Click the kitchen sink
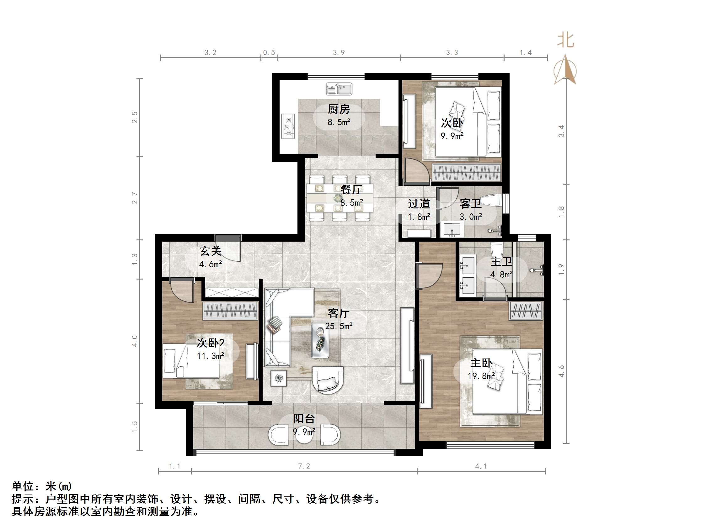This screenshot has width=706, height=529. point(339,89)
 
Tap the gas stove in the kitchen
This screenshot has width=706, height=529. point(289,127)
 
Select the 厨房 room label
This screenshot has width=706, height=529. point(339,109)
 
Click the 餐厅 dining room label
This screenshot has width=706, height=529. point(351,190)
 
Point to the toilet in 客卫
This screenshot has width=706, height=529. point(490,200)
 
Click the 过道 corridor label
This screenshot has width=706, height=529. point(419,204)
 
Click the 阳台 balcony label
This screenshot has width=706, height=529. point(304,419)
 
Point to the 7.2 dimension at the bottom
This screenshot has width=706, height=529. point(304,466)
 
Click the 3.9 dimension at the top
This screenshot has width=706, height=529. point(339,53)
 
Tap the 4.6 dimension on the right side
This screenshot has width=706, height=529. point(561,371)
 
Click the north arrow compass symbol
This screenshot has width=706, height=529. point(565,70)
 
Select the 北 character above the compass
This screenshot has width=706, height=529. point(565,40)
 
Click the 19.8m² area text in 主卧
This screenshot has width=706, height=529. point(481,376)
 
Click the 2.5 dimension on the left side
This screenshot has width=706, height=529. point(135,117)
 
